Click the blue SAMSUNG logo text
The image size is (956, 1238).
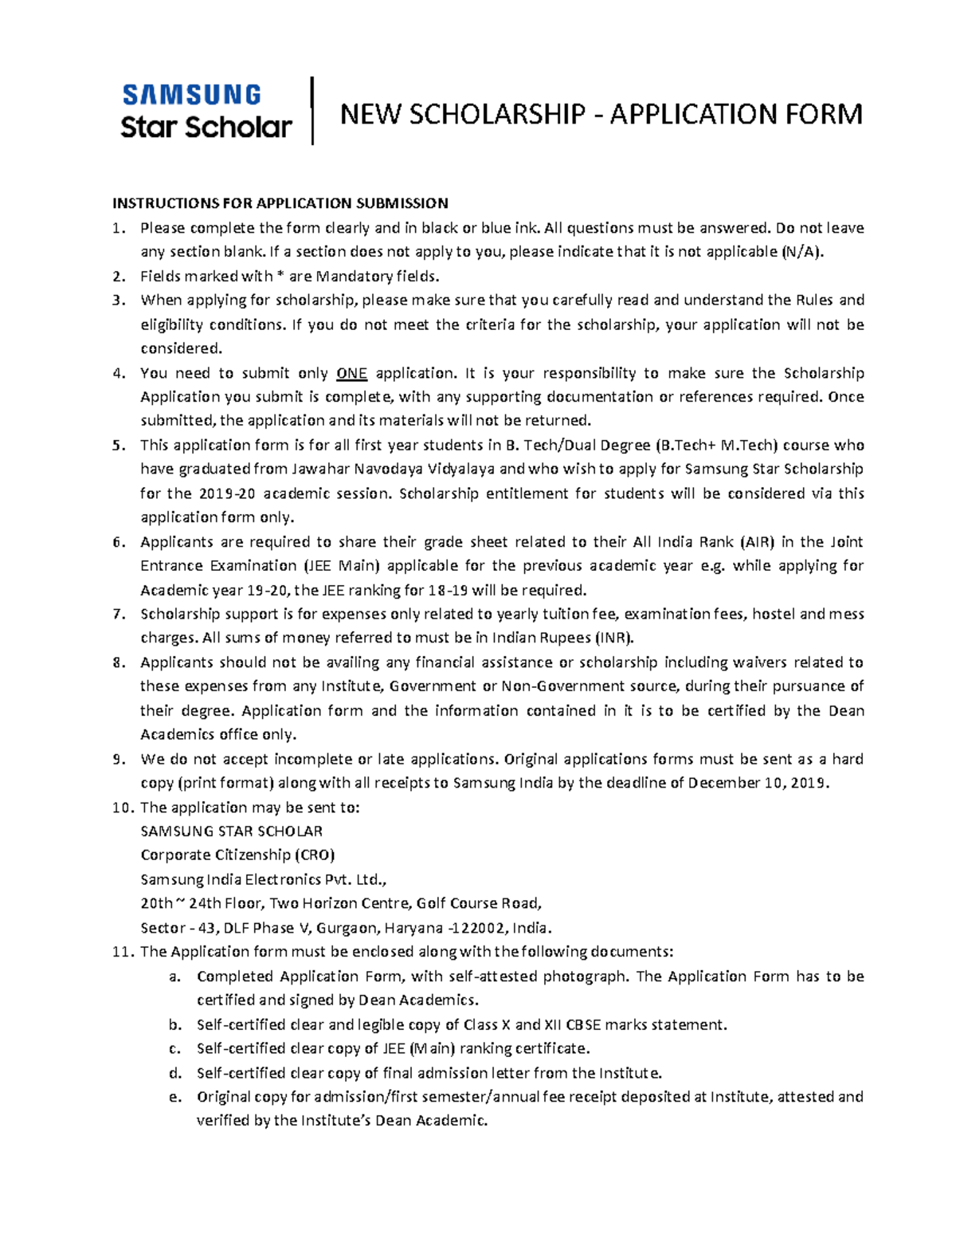[191, 95]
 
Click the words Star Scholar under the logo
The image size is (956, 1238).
[206, 127]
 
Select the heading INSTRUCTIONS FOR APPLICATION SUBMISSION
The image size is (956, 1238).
[280, 203]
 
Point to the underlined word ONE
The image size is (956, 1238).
[351, 373]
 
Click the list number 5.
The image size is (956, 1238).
[118, 446]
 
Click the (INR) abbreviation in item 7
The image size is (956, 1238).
[614, 638]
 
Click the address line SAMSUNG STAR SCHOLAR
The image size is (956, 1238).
[231, 831]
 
